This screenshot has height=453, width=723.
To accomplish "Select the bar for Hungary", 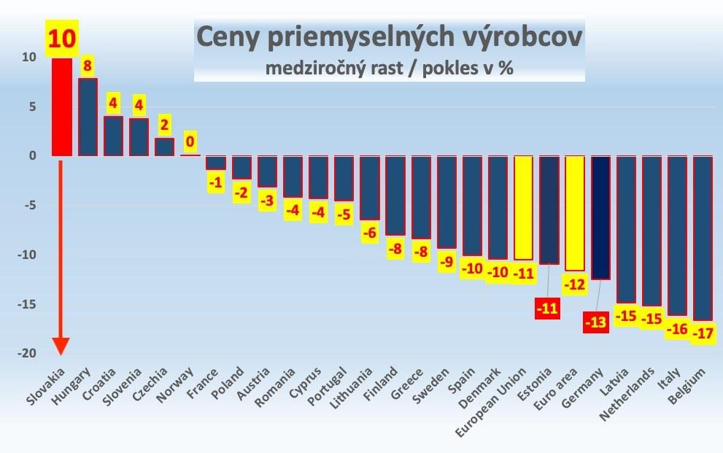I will (x=88, y=117).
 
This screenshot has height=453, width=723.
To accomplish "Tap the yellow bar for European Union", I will (x=524, y=208).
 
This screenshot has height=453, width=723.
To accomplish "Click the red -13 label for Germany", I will (x=596, y=321).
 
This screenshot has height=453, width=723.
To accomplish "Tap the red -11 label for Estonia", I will (x=546, y=307).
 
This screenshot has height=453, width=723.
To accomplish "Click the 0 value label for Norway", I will (x=190, y=141).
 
